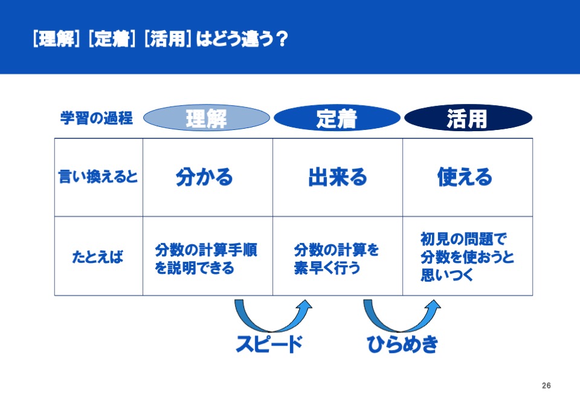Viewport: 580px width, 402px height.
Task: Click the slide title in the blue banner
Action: [x=160, y=39]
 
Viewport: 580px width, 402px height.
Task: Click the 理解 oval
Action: [x=207, y=118]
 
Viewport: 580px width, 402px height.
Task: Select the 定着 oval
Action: [x=337, y=118]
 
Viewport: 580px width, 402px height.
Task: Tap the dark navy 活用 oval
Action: [x=468, y=118]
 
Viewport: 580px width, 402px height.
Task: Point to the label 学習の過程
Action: [x=97, y=118]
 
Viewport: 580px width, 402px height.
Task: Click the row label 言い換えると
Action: [x=98, y=177]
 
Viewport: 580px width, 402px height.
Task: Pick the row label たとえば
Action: [x=98, y=256]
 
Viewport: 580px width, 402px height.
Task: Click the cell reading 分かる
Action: [x=204, y=177]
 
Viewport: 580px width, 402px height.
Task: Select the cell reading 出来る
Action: [x=337, y=177]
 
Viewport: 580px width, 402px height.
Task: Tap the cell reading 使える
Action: [x=465, y=177]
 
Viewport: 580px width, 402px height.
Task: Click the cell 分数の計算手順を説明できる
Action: [x=205, y=259]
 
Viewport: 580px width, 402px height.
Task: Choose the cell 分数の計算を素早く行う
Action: [x=337, y=259]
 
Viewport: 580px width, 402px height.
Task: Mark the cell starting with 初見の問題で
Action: [x=467, y=257]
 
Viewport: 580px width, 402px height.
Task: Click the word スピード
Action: [x=269, y=344]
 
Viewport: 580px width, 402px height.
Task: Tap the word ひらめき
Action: [x=402, y=344]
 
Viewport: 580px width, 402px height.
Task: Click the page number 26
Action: [x=546, y=385]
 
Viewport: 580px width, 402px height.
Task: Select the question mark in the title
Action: [x=282, y=39]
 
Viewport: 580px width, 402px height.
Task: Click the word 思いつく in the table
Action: [x=447, y=274]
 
